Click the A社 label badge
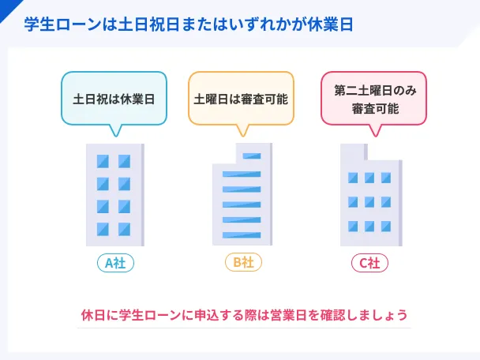(115, 263)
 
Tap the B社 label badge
(243, 262)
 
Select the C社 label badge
(369, 263)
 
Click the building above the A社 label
(115, 195)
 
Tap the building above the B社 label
(242, 194)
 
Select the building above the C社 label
(371, 195)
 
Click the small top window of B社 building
(252, 156)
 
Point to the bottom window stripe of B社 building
(242, 235)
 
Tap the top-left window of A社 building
(103, 161)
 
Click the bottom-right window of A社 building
(124, 229)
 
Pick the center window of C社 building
(369, 202)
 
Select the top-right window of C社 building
(386, 178)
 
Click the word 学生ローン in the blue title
(62, 24)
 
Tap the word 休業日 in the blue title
(330, 24)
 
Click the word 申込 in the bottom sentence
(208, 315)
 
